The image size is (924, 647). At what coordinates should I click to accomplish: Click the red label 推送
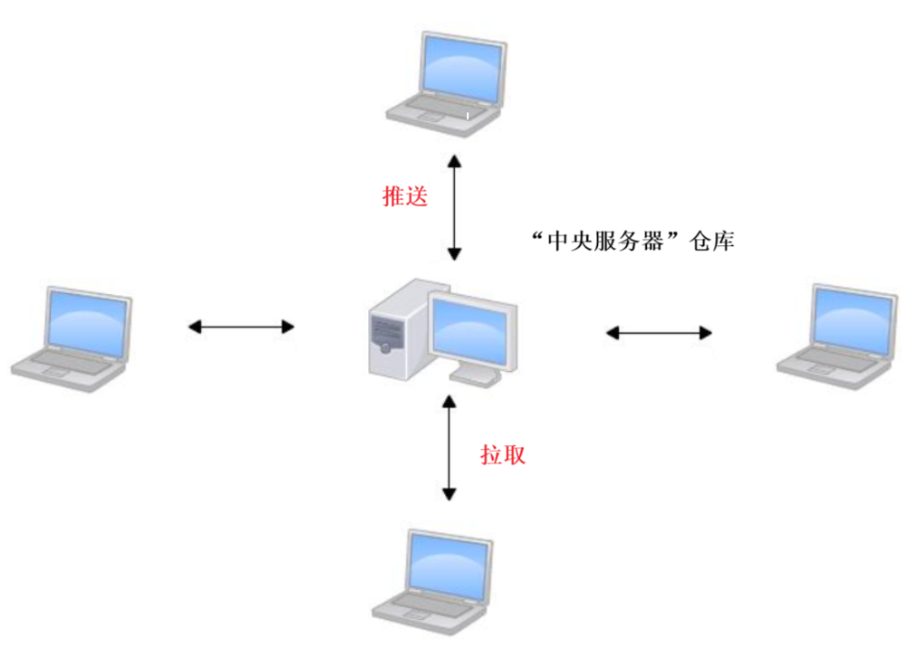(404, 197)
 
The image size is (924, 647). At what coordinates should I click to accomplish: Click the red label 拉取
(503, 455)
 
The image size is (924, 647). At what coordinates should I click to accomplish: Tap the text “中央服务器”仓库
(633, 241)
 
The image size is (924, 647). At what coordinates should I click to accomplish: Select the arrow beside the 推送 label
(455, 201)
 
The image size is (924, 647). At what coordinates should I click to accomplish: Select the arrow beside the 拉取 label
(448, 448)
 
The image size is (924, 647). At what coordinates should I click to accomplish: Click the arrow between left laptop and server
(240, 328)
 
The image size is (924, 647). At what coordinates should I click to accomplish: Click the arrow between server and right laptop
(659, 333)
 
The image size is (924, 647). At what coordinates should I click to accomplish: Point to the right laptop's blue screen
(852, 317)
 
